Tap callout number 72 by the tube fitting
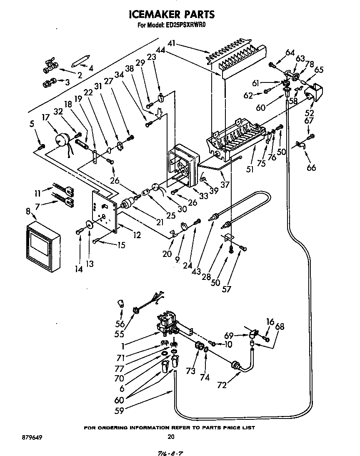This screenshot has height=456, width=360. pyautogui.click(x=222, y=385)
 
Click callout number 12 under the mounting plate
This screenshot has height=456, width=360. pyautogui.click(x=137, y=236)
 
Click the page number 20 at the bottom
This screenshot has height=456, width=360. pyautogui.click(x=170, y=437)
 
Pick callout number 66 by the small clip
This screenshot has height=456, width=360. pyautogui.click(x=311, y=168)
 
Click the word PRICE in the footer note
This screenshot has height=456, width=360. pyautogui.click(x=223, y=428)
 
